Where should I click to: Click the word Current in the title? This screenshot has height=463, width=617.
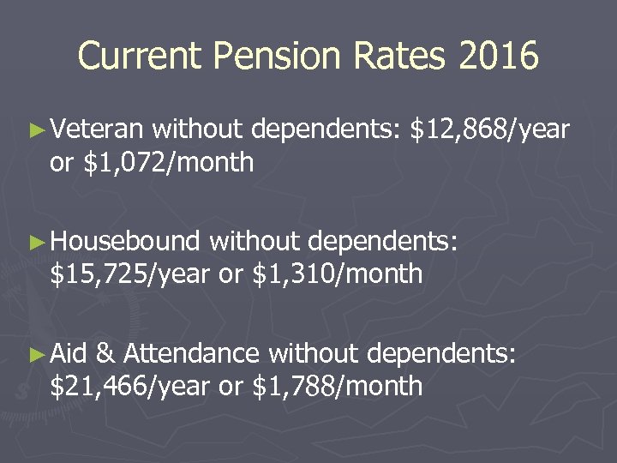tap(138, 56)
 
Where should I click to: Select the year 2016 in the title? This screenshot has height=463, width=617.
tap(498, 56)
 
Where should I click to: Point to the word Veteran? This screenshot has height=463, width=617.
tap(96, 129)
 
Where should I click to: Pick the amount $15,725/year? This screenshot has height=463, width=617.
tap(129, 274)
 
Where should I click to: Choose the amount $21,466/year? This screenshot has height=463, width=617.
tap(129, 386)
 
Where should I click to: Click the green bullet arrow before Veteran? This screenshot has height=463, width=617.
tap(35, 131)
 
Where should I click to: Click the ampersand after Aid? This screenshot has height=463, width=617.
tap(106, 354)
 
